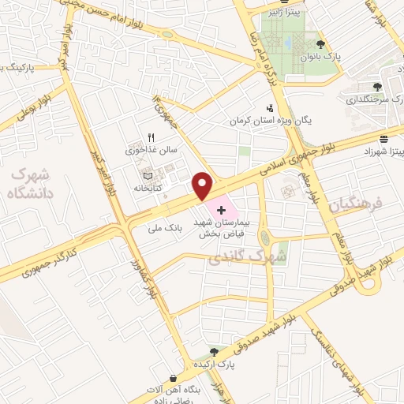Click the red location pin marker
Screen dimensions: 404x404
point(203,186)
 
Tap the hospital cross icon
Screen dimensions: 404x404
point(223,210)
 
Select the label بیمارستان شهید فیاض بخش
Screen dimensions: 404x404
point(225,229)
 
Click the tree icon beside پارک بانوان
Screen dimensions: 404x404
point(320,44)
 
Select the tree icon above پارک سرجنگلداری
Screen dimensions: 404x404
point(376,88)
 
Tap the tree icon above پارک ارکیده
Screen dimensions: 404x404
point(213,352)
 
